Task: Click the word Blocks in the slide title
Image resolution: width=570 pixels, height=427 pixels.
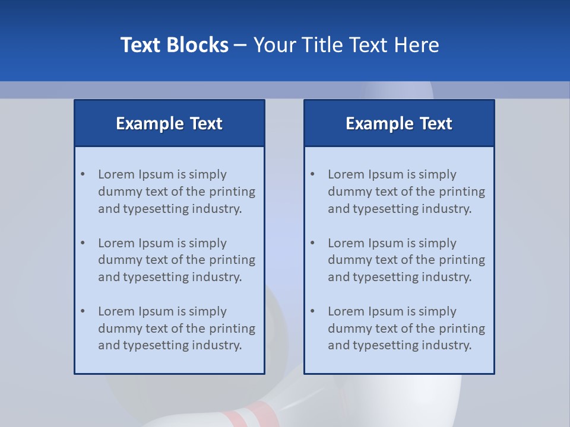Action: [x=198, y=45]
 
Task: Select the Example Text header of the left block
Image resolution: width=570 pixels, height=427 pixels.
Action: [x=169, y=123]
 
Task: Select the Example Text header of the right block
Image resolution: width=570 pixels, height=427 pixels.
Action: [x=399, y=123]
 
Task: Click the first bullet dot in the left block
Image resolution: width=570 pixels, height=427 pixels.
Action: [x=83, y=174]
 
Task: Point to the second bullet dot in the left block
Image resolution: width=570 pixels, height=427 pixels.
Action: [x=83, y=243]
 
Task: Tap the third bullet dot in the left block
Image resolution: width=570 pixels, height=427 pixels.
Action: [x=83, y=311]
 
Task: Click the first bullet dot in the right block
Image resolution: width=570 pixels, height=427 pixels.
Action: [x=312, y=174]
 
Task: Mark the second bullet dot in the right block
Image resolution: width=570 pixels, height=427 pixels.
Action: [x=312, y=243]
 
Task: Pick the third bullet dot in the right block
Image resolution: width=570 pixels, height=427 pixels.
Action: [x=312, y=311]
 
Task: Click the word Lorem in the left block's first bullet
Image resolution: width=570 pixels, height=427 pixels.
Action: [x=116, y=174]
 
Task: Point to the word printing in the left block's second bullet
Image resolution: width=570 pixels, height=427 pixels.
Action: [x=232, y=260]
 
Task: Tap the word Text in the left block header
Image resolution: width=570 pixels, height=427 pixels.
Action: [x=206, y=123]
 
